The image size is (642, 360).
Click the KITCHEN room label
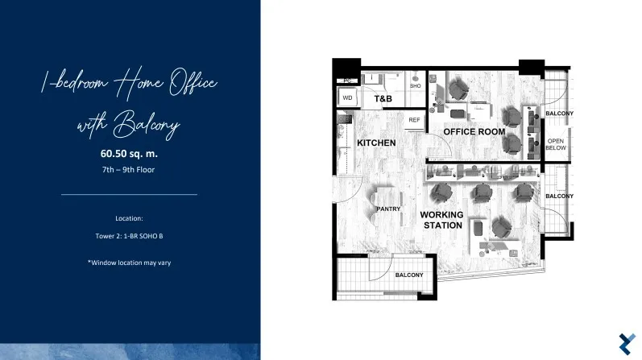pos(376,143)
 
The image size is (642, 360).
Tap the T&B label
pos(383,99)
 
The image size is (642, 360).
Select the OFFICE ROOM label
pos(474,132)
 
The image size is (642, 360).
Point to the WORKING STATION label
pos(441,220)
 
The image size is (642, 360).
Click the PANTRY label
pos(388,209)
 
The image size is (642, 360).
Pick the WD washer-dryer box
pos(347,98)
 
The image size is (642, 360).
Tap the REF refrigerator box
pos(414,121)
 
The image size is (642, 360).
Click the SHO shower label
pos(415,86)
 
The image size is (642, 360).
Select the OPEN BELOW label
pos(556,144)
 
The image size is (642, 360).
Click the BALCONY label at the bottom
pos(409,275)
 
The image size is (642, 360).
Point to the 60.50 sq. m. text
pos(129,154)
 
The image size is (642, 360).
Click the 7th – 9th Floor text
pos(129,170)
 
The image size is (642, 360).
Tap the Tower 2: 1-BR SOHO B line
pos(129,236)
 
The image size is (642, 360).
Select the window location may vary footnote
pos(129,263)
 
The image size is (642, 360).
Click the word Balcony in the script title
pos(147,125)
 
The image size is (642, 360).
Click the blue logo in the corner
pos(628,344)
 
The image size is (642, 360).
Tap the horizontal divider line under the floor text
pos(129,195)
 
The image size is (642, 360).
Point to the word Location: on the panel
pos(129,218)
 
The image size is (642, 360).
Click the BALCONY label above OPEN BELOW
pos(559,114)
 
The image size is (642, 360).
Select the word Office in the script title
pos(193,83)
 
